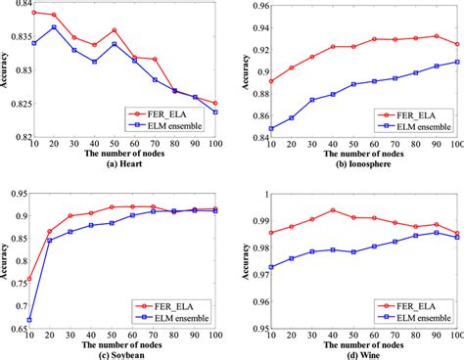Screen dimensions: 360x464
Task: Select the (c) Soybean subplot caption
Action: pyautogui.click(x=124, y=354)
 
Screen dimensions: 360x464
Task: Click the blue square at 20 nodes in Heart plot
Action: pyautogui.click(x=54, y=26)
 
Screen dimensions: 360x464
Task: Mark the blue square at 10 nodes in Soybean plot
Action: pyautogui.click(x=33, y=320)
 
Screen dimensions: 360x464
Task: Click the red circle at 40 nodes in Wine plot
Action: pyautogui.click(x=333, y=210)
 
